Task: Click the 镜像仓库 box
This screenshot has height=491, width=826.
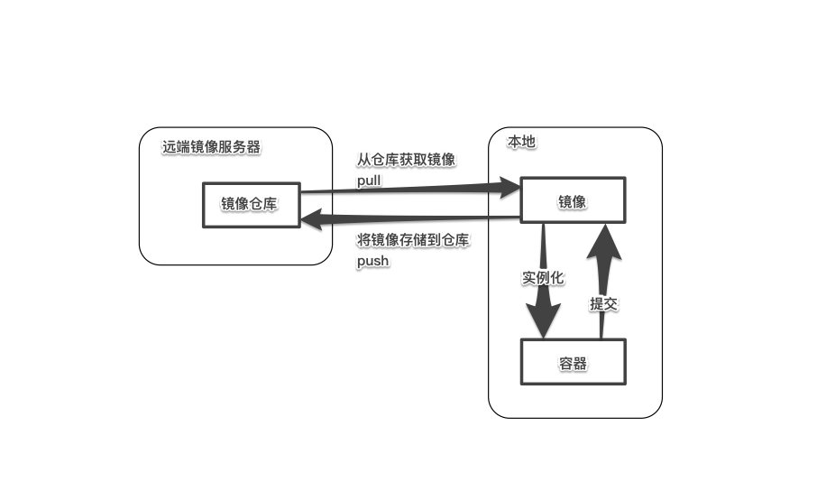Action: (250, 204)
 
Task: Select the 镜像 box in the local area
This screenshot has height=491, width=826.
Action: (572, 201)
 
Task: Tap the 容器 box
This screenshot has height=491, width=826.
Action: (573, 363)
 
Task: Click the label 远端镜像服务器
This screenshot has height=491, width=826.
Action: (211, 147)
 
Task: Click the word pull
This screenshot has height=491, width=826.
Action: (369, 181)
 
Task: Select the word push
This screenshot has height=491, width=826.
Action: (372, 260)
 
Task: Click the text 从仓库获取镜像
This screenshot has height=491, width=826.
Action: (406, 160)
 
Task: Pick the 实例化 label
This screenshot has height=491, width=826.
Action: (543, 277)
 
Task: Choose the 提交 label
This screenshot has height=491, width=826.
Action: (603, 303)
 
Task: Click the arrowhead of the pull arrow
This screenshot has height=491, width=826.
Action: (509, 187)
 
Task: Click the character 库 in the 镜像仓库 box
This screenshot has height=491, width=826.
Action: (271, 204)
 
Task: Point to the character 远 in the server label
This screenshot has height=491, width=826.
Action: (170, 147)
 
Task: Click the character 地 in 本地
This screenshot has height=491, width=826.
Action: (529, 143)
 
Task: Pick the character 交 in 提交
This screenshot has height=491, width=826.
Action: (610, 303)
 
